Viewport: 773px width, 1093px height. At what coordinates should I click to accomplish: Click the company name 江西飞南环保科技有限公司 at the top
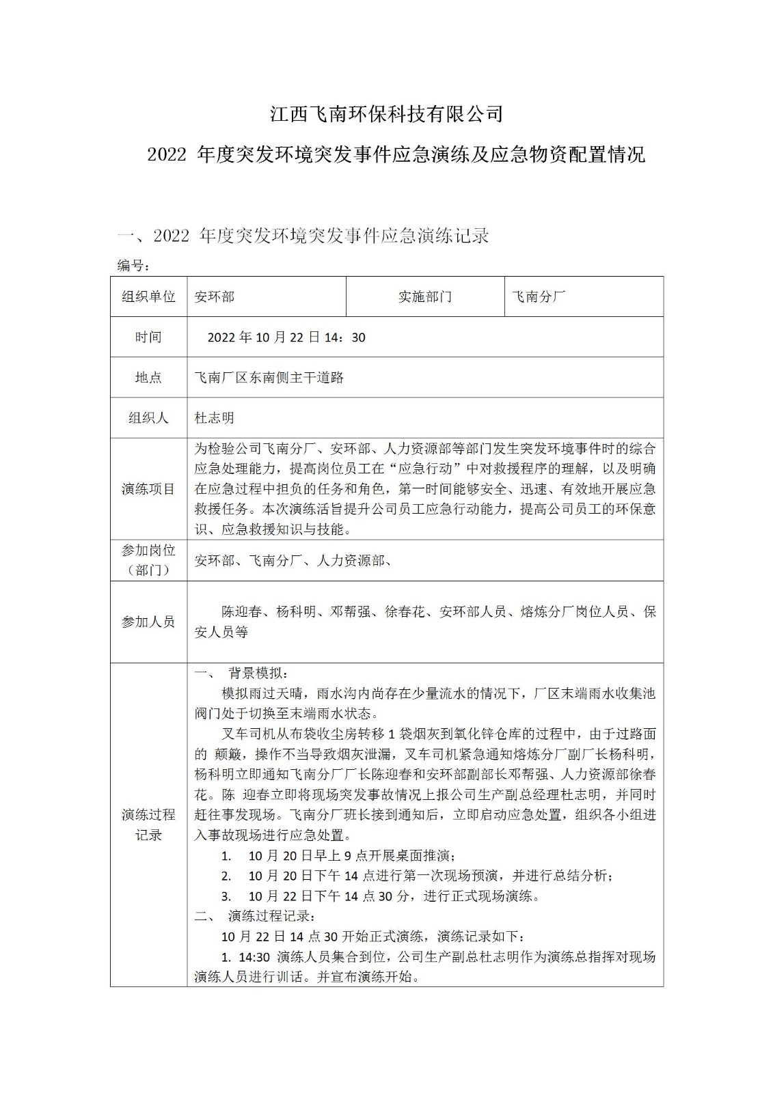click(386, 113)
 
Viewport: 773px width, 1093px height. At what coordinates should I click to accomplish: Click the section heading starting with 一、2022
click(303, 236)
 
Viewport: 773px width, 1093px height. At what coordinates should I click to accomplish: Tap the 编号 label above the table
click(132, 265)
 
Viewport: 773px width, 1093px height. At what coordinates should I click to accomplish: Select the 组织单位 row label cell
click(148, 296)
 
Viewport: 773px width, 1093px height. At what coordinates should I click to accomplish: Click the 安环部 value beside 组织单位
click(215, 296)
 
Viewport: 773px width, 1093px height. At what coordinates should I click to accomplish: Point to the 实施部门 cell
click(424, 296)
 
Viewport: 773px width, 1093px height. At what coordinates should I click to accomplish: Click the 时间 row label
click(148, 337)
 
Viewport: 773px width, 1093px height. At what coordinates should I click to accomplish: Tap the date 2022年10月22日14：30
click(286, 337)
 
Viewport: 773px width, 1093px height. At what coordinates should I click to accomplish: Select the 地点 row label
click(148, 377)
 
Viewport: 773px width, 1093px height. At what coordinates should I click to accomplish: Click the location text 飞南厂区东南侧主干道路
click(269, 377)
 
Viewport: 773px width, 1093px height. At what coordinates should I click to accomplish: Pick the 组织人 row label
click(148, 417)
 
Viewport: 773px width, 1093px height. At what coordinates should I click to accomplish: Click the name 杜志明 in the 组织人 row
click(215, 417)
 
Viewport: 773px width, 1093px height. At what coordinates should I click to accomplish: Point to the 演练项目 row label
click(148, 489)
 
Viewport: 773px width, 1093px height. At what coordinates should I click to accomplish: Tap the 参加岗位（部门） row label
click(148, 560)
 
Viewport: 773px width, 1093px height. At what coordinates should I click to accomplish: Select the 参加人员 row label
click(148, 622)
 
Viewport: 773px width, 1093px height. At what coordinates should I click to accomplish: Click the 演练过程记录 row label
click(148, 825)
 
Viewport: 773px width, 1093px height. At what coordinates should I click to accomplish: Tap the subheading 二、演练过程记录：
click(253, 915)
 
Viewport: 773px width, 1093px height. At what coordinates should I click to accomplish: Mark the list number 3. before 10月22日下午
click(226, 896)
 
